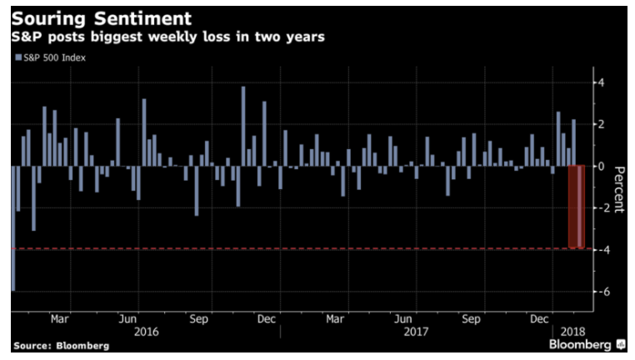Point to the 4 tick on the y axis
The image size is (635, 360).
pyautogui.click(x=597, y=82)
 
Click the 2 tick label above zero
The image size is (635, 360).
pyautogui.click(x=597, y=124)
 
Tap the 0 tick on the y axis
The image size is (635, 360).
pyautogui.click(x=597, y=166)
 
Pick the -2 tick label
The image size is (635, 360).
pyautogui.click(x=595, y=207)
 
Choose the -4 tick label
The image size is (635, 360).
pyautogui.click(x=595, y=249)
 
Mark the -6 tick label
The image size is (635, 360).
pyautogui.click(x=595, y=292)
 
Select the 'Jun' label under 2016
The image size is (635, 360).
pyautogui.click(x=128, y=318)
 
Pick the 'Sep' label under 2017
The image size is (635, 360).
pyautogui.click(x=470, y=318)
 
